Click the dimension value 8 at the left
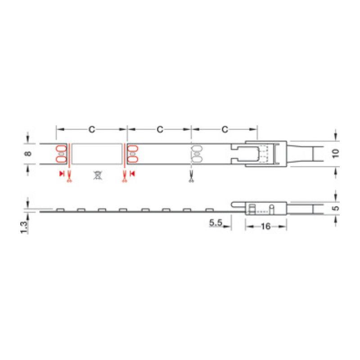click(x=28, y=153)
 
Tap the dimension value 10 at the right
click(x=335, y=153)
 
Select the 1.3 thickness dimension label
click(x=24, y=228)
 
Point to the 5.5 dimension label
click(x=216, y=222)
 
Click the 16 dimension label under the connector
click(x=265, y=227)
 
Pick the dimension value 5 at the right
click(x=336, y=208)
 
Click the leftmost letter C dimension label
click(x=92, y=130)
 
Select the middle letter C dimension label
click(x=160, y=130)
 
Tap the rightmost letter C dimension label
click(x=225, y=130)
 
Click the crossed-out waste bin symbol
click(x=98, y=175)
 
